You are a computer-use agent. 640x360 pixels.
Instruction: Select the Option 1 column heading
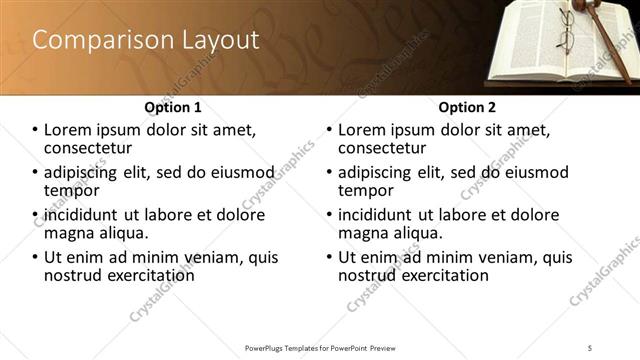173,106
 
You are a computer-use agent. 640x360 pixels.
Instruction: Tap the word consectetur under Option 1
90,148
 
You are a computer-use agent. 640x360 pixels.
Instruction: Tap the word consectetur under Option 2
384,148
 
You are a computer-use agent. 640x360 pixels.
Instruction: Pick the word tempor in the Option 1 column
71,190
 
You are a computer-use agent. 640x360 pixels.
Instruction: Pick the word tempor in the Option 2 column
366,190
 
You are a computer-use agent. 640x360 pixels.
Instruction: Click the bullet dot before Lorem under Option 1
35,130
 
